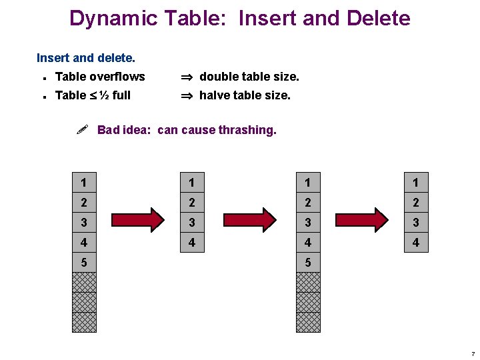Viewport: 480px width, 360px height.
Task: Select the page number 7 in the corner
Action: click(x=472, y=353)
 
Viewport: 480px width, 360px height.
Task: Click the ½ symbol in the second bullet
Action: click(x=104, y=95)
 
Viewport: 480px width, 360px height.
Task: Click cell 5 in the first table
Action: click(x=84, y=263)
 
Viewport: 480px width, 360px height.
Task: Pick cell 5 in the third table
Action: click(x=308, y=263)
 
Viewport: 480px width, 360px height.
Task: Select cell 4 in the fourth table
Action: click(x=416, y=243)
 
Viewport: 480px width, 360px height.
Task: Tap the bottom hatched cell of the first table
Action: click(x=84, y=323)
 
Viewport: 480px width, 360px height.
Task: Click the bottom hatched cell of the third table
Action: click(x=308, y=323)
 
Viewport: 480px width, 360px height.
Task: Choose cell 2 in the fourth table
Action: click(x=416, y=203)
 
